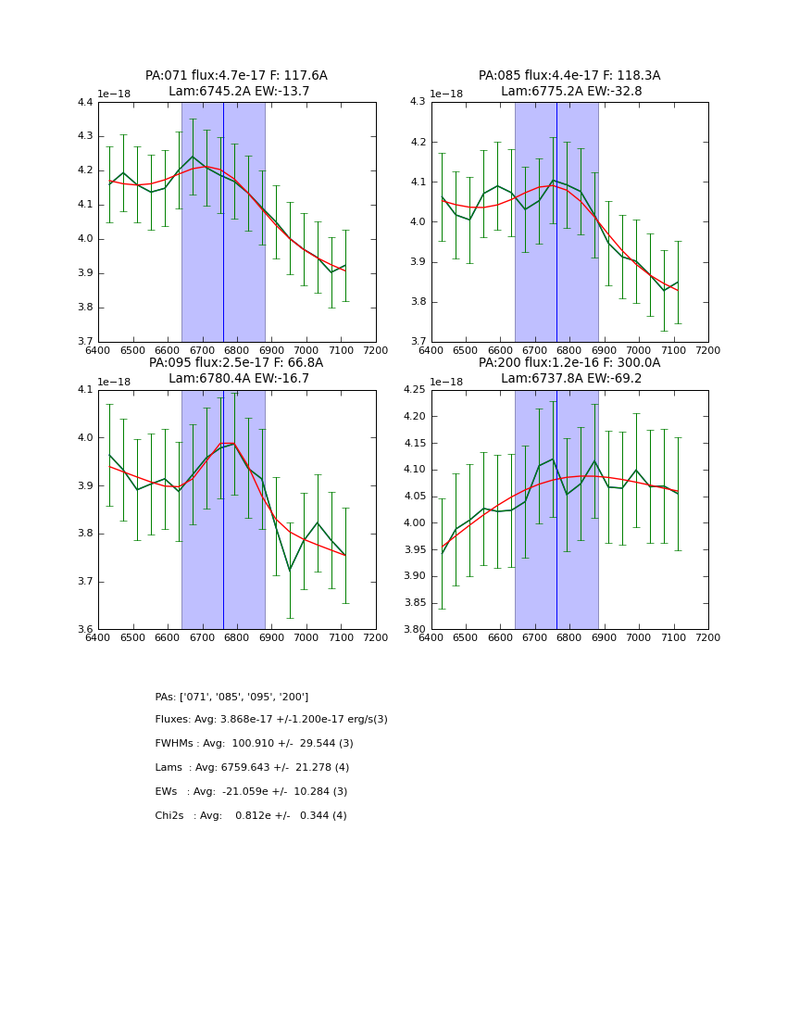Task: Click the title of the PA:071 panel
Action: [236, 83]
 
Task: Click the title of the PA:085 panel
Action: [569, 83]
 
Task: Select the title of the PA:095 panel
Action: [236, 371]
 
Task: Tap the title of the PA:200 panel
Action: [569, 371]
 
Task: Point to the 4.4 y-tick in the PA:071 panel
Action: [85, 103]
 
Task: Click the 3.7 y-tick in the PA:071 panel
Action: [85, 342]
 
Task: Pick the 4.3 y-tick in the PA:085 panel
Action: [418, 103]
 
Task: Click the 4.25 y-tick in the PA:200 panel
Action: [415, 390]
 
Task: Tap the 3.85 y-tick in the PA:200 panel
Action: [415, 603]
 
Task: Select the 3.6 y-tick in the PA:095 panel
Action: [85, 630]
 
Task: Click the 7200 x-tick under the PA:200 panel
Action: [708, 637]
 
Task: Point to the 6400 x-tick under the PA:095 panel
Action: [98, 637]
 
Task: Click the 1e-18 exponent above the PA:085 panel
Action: [446, 94]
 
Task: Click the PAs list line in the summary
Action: [231, 697]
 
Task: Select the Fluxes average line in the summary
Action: [271, 720]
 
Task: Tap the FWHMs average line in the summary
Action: [254, 744]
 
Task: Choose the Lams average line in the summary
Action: [252, 768]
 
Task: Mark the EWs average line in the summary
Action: [251, 792]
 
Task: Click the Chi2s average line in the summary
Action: [251, 816]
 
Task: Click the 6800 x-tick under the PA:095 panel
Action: [237, 637]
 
